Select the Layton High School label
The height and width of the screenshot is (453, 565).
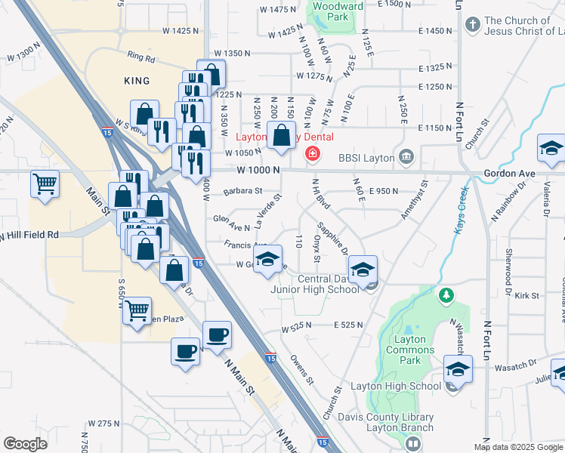pos(403,387)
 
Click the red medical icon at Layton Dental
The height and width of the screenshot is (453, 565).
pos(311,155)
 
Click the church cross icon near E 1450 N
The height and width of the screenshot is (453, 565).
pos(472,25)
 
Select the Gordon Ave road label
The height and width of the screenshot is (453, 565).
pos(509,174)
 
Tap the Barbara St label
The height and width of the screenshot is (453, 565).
pos(238,191)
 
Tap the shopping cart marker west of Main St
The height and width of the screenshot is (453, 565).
pos(45,184)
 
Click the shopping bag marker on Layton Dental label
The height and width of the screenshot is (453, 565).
pos(281,137)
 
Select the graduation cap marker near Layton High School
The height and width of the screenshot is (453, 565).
pos(458,370)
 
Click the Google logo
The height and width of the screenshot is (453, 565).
pos(25,443)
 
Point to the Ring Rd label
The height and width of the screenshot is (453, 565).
pos(140,57)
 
